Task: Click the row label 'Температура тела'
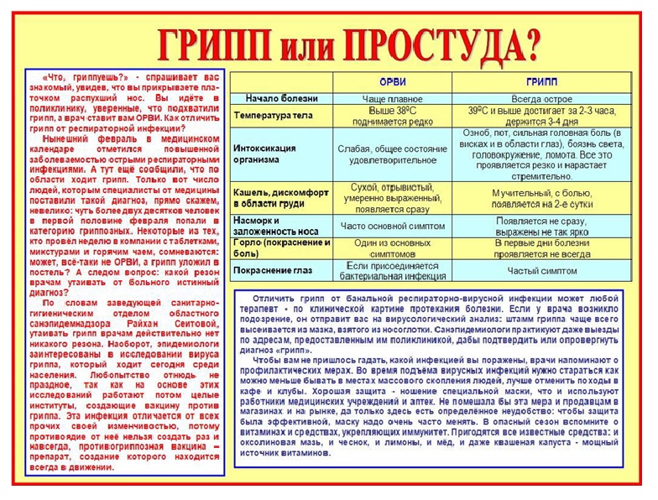271,116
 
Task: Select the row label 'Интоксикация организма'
266,154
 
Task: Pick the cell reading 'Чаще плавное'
392,99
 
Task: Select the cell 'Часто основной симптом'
392,226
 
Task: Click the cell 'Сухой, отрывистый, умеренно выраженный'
392,196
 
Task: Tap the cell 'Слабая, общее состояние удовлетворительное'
392,154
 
